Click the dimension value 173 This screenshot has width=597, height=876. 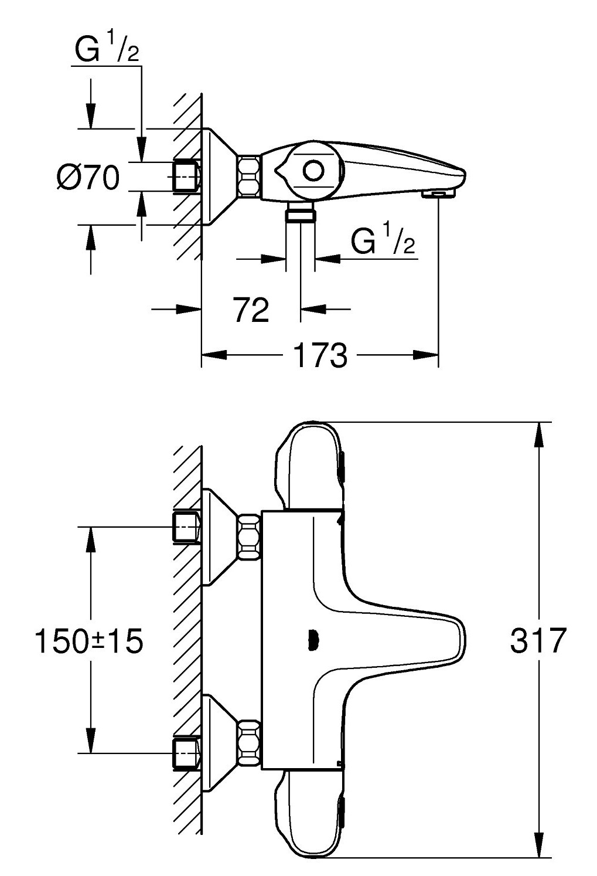click(320, 355)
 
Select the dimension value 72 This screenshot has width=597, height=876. click(251, 310)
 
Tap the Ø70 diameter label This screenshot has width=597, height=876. click(88, 177)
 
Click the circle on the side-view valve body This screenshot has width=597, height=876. click(313, 171)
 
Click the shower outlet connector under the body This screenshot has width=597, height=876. click(300, 215)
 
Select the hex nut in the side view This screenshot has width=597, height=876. click(249, 176)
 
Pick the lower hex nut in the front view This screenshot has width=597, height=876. click(249, 741)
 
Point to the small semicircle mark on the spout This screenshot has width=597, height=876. click(313, 640)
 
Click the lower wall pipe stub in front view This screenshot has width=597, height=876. click(187, 752)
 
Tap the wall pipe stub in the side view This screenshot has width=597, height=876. click(186, 176)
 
